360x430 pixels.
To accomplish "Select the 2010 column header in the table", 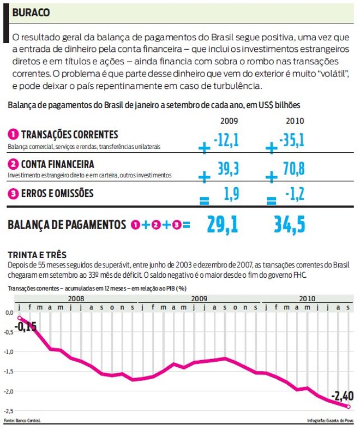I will [295, 121].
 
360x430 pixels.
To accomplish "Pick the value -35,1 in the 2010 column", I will [292, 141].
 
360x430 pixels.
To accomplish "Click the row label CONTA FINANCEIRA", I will [57, 164].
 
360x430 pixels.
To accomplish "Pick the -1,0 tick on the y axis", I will [9, 352].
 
